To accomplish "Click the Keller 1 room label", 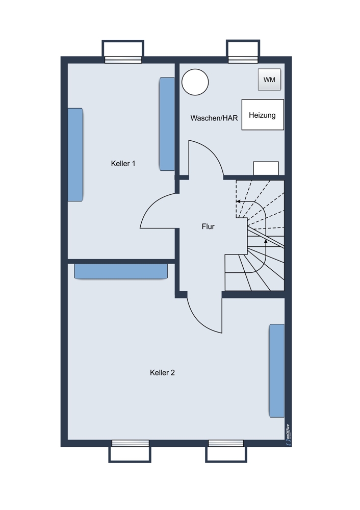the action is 123,164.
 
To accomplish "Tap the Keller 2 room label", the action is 162,373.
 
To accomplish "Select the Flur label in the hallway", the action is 208,226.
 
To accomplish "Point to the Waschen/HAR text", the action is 214,118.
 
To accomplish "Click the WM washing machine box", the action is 269,80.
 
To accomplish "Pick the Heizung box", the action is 263,115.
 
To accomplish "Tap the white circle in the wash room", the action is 195,82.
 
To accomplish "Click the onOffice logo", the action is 288,434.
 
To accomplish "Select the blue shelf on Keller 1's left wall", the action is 75,155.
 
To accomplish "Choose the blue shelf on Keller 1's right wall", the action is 167,124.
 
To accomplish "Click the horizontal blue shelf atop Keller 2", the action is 121,271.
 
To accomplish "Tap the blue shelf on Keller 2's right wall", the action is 277,370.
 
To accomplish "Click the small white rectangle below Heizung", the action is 266,168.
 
